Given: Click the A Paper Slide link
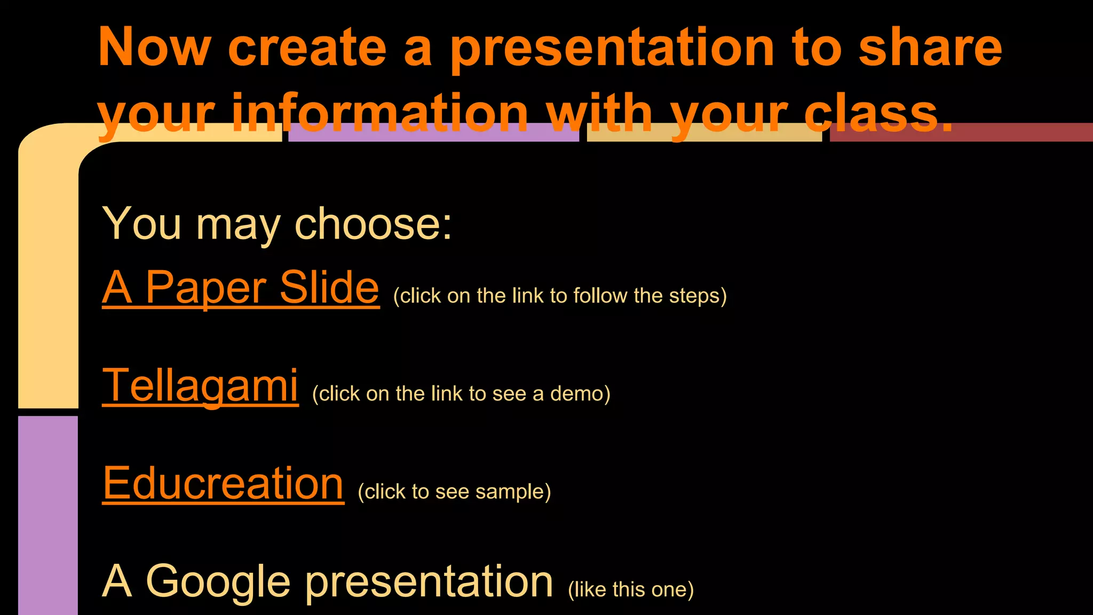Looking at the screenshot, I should click(x=240, y=288).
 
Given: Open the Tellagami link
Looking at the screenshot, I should click(x=200, y=385).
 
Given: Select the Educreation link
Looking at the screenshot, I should click(x=223, y=483).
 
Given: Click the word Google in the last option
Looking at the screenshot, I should click(x=218, y=582).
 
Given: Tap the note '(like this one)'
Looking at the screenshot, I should click(x=630, y=590).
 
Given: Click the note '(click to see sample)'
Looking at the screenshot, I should click(x=454, y=492).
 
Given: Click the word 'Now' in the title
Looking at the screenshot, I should click(x=155, y=48).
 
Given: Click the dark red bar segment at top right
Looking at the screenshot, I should click(x=1014, y=132).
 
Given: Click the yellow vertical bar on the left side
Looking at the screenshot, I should click(x=48, y=278).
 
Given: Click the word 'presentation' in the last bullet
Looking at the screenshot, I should click(x=429, y=582).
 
